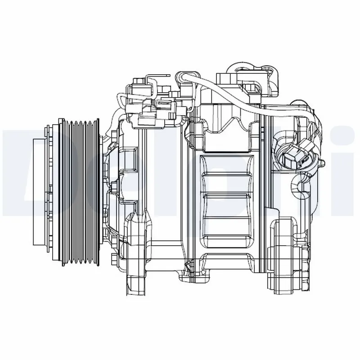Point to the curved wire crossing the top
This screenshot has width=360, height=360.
point(225,97)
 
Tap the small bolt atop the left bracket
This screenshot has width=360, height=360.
point(138,81)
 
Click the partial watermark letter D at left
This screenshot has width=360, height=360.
point(13,166)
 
